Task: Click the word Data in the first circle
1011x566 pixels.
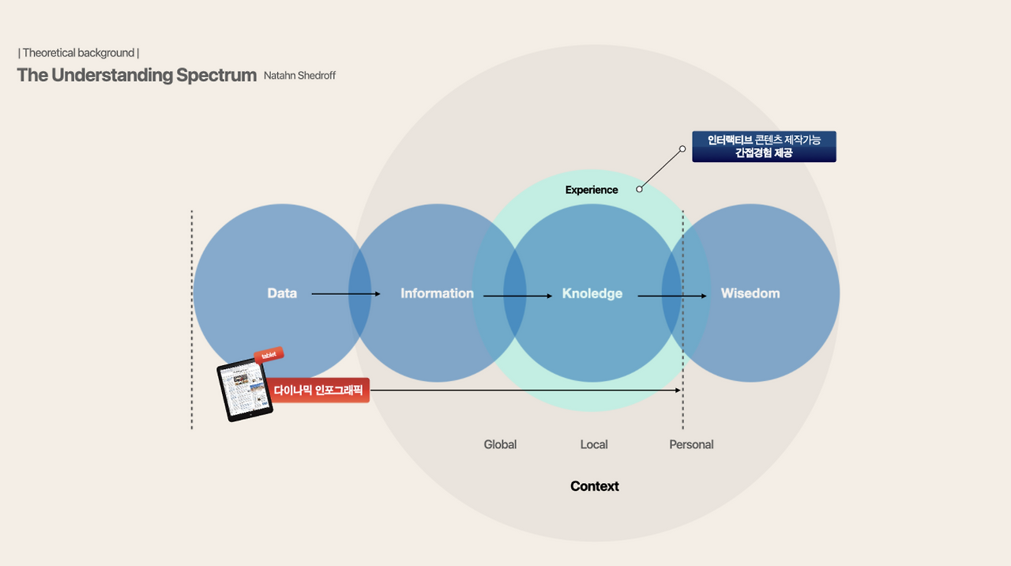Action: (282, 293)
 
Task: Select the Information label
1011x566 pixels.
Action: (437, 293)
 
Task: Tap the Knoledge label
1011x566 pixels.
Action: (592, 293)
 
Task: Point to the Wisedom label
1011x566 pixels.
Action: (750, 293)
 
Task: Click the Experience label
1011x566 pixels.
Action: (592, 190)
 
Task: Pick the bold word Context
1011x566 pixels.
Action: (595, 486)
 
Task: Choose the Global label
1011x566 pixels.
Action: (500, 444)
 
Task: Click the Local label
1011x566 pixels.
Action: (594, 444)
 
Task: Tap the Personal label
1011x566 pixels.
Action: (691, 444)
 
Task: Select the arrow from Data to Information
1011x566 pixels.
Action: (346, 294)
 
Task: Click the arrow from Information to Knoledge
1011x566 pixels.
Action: (517, 296)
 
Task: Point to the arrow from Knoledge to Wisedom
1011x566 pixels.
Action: (672, 296)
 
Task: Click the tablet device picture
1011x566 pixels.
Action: (245, 391)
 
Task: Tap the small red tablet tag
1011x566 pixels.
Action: (269, 355)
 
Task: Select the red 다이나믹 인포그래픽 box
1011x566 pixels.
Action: (318, 390)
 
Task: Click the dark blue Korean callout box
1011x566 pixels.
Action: (764, 146)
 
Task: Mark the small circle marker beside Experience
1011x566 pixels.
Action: (639, 189)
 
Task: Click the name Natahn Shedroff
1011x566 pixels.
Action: (299, 75)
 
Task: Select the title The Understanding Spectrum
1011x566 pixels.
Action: (137, 75)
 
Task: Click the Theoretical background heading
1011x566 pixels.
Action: (78, 53)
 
